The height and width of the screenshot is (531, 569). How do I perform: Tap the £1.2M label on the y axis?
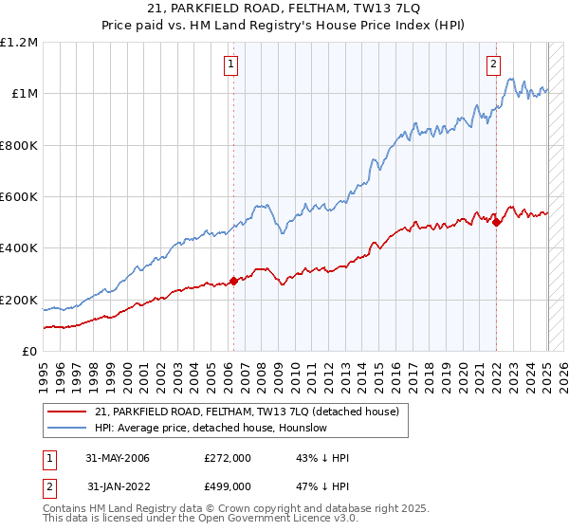click(19, 43)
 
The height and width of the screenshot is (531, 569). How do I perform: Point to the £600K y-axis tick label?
click(18, 197)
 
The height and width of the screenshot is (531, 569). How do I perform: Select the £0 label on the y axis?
click(28, 352)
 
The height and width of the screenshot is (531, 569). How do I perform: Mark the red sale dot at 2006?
click(233, 281)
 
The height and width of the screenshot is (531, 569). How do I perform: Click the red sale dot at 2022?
click(496, 223)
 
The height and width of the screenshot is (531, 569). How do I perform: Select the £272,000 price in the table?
click(228, 458)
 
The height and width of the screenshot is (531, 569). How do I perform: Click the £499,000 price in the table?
click(228, 486)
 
